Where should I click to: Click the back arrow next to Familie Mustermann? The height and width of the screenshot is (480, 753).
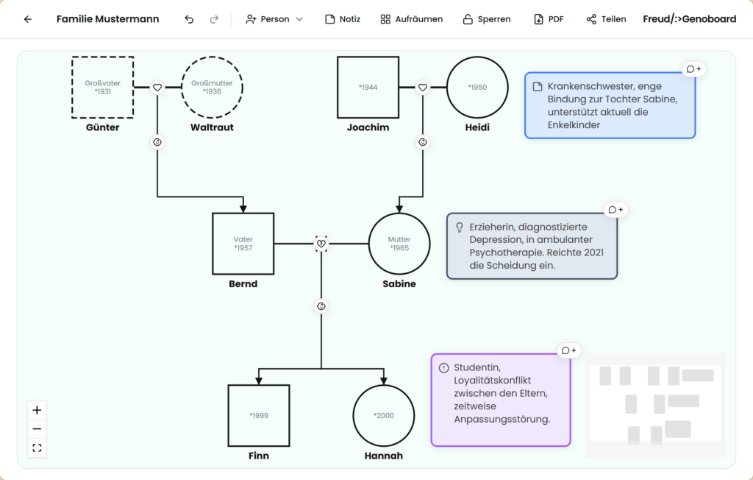28,19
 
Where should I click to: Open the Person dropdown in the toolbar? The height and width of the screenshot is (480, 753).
274,19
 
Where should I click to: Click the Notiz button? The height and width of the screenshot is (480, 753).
343,19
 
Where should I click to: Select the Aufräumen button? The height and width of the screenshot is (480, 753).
412,19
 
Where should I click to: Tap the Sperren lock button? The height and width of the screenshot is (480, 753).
487,19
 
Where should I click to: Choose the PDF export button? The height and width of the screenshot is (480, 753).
549,19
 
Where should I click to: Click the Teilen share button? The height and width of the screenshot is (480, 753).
606,19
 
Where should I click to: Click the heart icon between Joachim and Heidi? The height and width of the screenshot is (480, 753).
423,88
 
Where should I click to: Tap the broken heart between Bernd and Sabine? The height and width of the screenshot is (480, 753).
321,244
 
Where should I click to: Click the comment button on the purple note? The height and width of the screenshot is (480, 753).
569,350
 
